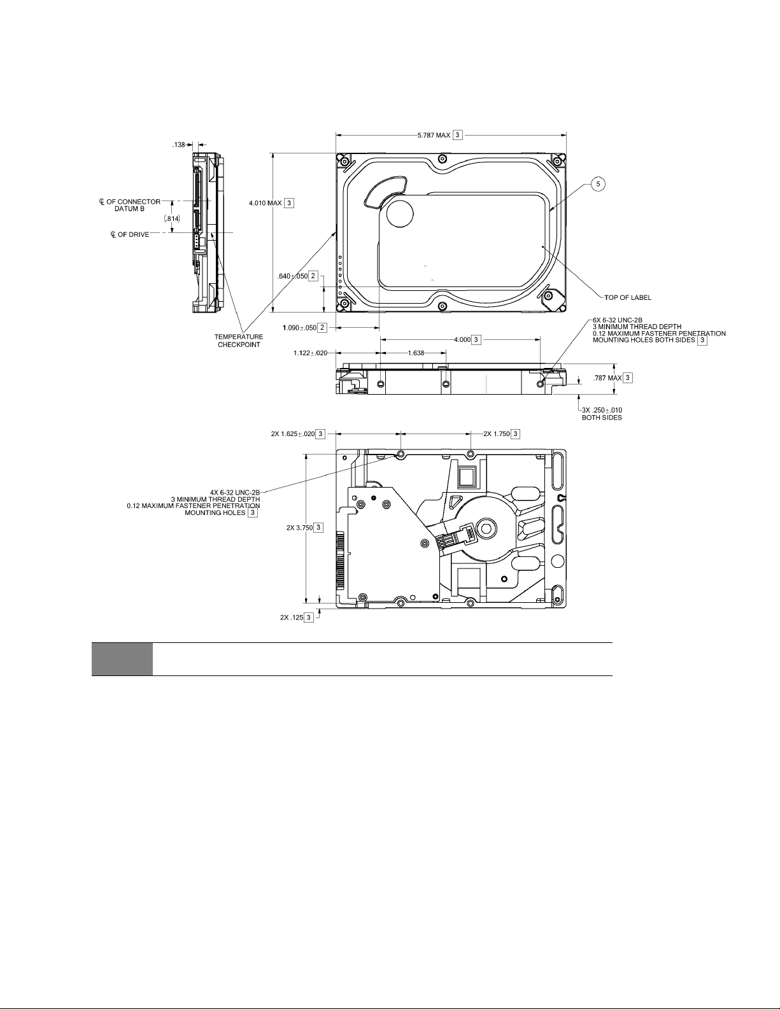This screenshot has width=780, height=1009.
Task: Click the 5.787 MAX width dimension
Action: [440, 135]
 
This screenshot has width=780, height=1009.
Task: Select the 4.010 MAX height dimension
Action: [271, 203]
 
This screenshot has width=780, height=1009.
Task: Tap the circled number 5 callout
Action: [598, 185]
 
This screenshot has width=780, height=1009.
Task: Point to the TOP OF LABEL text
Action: [627, 297]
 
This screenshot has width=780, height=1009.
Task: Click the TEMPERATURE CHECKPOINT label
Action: [239, 341]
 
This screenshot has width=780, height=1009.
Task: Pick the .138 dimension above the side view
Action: [179, 145]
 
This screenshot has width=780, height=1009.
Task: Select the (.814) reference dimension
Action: [172, 218]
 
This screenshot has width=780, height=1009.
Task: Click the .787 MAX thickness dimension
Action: [613, 378]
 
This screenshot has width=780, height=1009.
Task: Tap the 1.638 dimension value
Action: [416, 353]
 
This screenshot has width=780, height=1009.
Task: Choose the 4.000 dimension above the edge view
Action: [467, 340]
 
